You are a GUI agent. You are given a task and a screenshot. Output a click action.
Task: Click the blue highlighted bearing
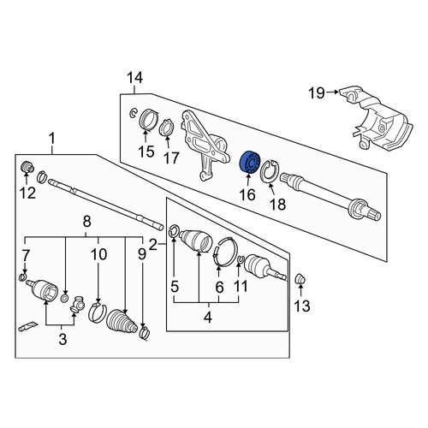pyautogui.click(x=250, y=163)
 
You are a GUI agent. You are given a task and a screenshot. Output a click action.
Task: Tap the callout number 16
pyautogui.click(x=247, y=195)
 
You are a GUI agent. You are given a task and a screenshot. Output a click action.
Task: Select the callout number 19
pyautogui.click(x=317, y=92)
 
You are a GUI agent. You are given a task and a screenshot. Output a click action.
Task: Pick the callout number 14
pyautogui.click(x=134, y=78)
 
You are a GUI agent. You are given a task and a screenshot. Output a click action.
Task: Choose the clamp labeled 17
pyautogui.click(x=167, y=128)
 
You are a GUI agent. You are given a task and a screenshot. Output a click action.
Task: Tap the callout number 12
pyautogui.click(x=27, y=193)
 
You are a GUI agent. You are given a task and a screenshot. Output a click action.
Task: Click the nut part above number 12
pyautogui.click(x=27, y=167)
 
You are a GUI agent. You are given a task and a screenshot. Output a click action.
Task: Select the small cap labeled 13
pyautogui.click(x=300, y=278)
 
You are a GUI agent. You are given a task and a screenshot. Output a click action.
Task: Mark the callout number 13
pyautogui.click(x=302, y=306)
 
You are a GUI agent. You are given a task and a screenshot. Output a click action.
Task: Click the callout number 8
pyautogui.click(x=86, y=222)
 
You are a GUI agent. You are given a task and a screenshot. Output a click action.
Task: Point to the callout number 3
pyautogui.click(x=62, y=339)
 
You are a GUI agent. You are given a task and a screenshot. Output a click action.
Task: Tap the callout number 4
pyautogui.click(x=208, y=318)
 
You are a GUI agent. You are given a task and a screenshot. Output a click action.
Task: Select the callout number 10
pyautogui.click(x=98, y=254)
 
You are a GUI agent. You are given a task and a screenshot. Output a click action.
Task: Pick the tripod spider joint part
pyautogui.click(x=77, y=305)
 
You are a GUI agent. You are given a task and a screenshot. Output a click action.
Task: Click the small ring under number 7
pyautogui.click(x=23, y=276)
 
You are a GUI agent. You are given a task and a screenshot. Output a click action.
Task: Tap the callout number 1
pyautogui.click(x=51, y=140)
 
